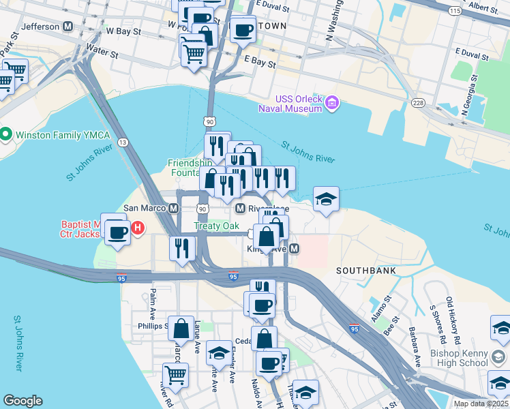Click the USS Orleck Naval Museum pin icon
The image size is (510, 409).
pyautogui.click(x=332, y=103)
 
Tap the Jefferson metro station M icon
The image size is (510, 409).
pyautogui.click(x=67, y=27)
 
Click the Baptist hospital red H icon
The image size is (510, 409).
pyautogui.click(x=138, y=227)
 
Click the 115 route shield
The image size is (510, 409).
pyautogui.click(x=454, y=11)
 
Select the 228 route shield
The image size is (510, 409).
pyautogui.click(x=418, y=102)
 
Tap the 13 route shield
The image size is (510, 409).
pyautogui.click(x=123, y=142)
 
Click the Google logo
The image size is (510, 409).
pyautogui.click(x=22, y=401)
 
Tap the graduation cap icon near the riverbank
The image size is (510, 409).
pyautogui.click(x=326, y=199)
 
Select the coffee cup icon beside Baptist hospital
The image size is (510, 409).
pyautogui.click(x=117, y=232)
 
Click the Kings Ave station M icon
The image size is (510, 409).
pyautogui.click(x=294, y=249)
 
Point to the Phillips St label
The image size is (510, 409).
pyautogui.click(x=151, y=326)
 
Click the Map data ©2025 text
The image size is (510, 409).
pyautogui.click(x=480, y=404)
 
